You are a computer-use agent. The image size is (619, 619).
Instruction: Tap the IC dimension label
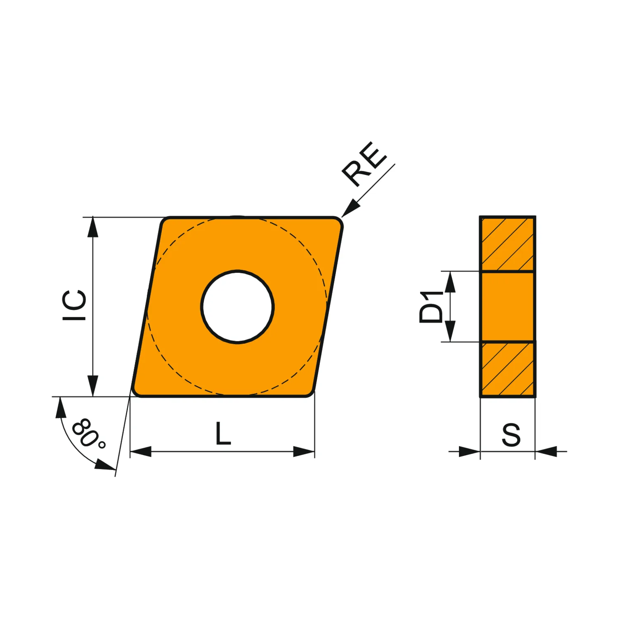(74, 305)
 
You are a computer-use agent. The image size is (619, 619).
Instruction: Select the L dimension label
(223, 433)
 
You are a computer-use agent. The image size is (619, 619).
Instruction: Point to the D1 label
(430, 307)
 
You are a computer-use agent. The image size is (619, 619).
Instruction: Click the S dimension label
(511, 435)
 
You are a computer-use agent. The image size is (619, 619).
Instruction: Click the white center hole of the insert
(238, 307)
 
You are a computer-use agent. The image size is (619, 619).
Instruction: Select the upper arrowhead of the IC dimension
(93, 227)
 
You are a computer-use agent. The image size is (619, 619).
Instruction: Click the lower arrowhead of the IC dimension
(93, 386)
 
